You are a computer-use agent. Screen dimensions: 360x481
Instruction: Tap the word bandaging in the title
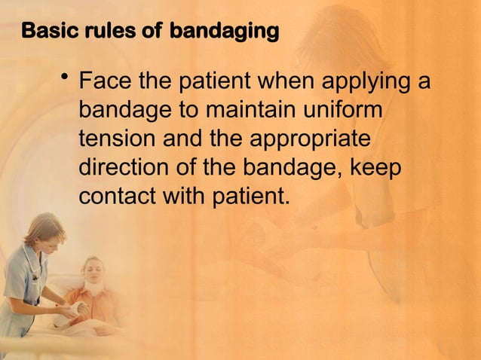click(x=224, y=32)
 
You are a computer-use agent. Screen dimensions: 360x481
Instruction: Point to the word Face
click(x=104, y=81)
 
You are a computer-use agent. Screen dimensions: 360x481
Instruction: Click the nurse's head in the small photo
click(x=43, y=230)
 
